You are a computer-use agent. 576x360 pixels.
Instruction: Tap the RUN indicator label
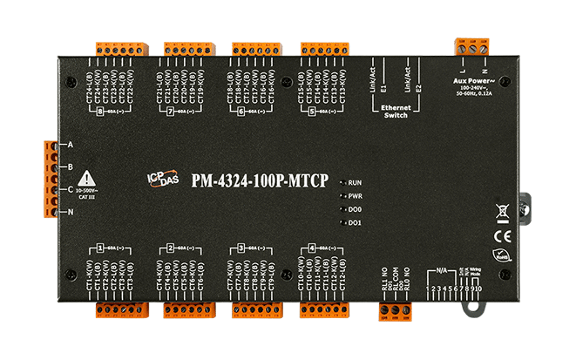[354, 183]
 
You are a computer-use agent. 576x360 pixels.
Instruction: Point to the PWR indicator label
[354, 196]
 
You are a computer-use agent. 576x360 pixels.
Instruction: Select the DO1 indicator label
[354, 223]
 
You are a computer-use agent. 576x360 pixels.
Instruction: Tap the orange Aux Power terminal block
[469, 44]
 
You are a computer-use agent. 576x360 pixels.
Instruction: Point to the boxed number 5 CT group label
[311, 112]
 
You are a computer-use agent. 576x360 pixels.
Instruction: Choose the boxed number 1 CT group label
[101, 248]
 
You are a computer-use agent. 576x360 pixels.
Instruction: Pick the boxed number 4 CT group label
[312, 248]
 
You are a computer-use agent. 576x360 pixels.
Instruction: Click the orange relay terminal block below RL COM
[391, 309]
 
